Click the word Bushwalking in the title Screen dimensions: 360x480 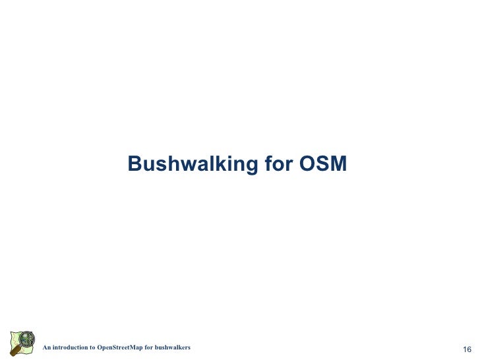tap(193, 164)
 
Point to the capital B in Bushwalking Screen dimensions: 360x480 tap(135, 164)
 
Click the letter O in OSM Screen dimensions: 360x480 tap(307, 164)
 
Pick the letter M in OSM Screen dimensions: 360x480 tap(338, 164)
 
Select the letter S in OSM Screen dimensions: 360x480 tap(322, 164)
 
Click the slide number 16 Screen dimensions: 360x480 tap(467, 349)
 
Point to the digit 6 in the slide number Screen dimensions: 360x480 tap(469, 349)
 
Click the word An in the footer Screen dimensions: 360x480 tap(46, 347)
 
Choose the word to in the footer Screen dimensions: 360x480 tap(92, 347)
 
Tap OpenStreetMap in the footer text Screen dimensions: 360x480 tap(119, 347)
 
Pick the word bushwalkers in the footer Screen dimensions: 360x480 tap(173, 347)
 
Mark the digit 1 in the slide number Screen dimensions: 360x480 tap(464, 349)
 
